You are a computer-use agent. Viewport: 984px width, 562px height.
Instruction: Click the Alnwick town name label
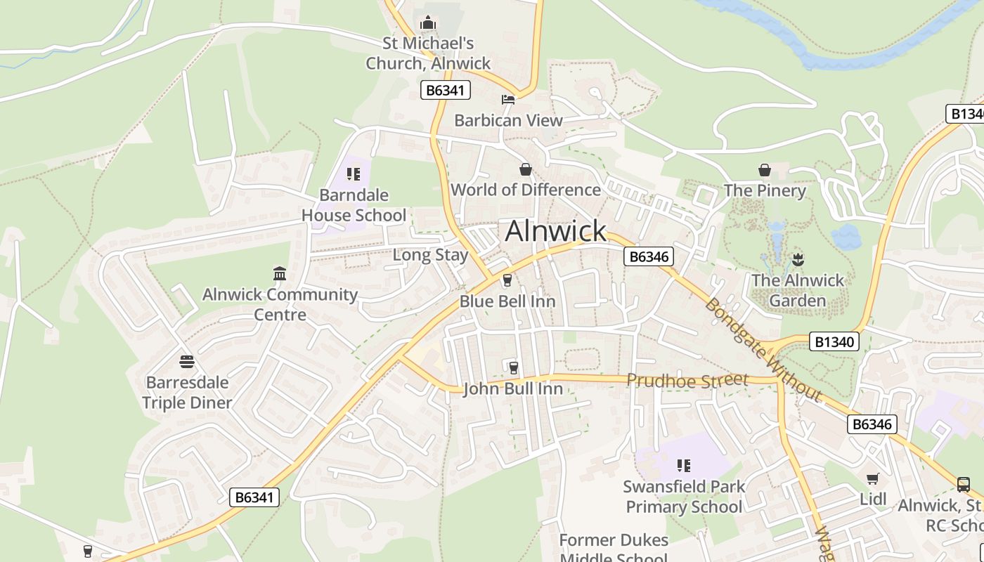tap(555, 231)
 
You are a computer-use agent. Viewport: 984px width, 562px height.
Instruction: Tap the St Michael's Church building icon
tap(427, 23)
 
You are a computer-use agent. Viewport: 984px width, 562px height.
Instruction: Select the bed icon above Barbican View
tap(507, 99)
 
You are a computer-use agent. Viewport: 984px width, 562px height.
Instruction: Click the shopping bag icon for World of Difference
tap(525, 169)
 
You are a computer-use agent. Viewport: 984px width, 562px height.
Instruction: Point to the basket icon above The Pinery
tap(765, 170)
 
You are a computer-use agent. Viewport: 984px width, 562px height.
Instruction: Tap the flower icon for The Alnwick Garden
tap(797, 259)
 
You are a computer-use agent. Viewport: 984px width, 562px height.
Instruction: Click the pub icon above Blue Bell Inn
tap(507, 281)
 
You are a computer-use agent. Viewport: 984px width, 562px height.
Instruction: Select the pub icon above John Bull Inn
tap(513, 367)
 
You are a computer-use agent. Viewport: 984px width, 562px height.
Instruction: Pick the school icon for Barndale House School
tap(354, 174)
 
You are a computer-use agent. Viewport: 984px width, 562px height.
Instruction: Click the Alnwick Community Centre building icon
tap(280, 273)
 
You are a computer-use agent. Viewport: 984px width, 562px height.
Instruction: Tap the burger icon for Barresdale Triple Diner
tap(187, 362)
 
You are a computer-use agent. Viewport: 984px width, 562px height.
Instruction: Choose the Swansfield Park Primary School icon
tap(684, 465)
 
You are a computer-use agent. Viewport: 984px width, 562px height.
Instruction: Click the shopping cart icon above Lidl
tap(873, 478)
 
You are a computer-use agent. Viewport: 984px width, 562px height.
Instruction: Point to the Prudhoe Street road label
tap(687, 381)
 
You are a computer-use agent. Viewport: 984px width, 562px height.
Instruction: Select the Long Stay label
tap(430, 255)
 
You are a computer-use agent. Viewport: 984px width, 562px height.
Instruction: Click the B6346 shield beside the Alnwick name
tap(648, 256)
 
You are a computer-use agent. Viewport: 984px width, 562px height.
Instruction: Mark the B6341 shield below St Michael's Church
tap(446, 90)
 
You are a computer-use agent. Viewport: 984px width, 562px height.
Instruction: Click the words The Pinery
tap(765, 190)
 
